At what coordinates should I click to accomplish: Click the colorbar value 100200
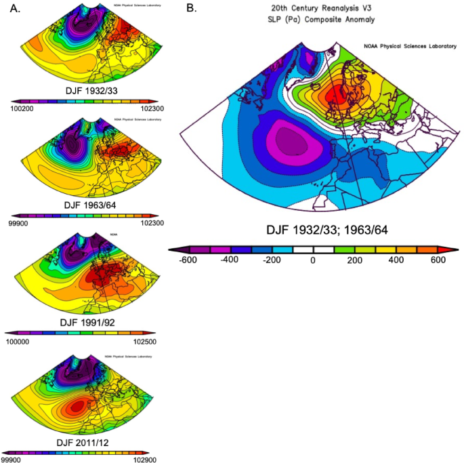(22, 108)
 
